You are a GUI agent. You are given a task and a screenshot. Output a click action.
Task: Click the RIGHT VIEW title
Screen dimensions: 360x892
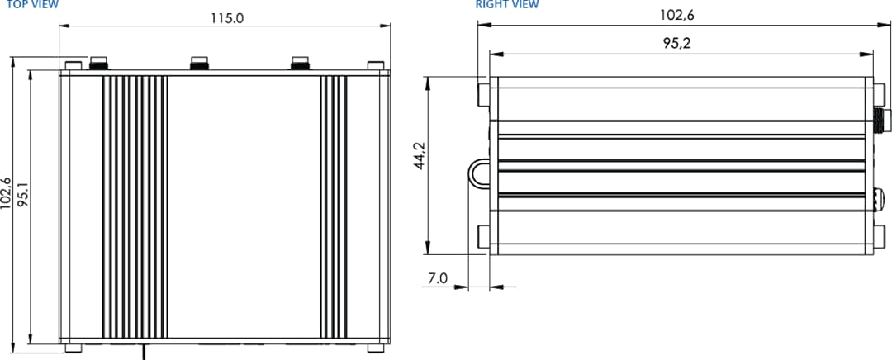point(507,5)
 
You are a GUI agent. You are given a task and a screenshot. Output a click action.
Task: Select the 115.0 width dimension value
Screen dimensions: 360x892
point(225,18)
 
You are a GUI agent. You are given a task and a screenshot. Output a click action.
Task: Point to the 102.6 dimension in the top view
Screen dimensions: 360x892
point(7,194)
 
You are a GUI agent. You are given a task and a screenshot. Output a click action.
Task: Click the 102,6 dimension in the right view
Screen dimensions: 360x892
point(676,14)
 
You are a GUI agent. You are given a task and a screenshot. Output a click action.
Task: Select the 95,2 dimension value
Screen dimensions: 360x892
point(676,44)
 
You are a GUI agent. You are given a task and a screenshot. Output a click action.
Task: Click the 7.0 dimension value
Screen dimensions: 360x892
point(437,279)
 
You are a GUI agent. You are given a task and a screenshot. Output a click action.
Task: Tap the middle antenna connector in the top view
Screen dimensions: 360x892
point(200,63)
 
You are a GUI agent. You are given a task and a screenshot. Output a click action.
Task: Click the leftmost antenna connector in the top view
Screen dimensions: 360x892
point(99,63)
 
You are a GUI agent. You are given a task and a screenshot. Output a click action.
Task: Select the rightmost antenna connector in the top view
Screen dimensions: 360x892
point(301,63)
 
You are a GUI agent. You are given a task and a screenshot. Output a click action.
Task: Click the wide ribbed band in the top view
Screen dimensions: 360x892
point(135,206)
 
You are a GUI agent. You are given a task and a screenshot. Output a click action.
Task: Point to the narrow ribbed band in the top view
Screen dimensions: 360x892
point(334,206)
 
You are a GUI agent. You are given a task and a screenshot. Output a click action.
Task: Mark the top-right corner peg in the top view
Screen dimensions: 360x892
point(375,65)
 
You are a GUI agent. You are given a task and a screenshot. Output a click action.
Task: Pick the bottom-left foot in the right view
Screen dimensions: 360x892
point(484,236)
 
